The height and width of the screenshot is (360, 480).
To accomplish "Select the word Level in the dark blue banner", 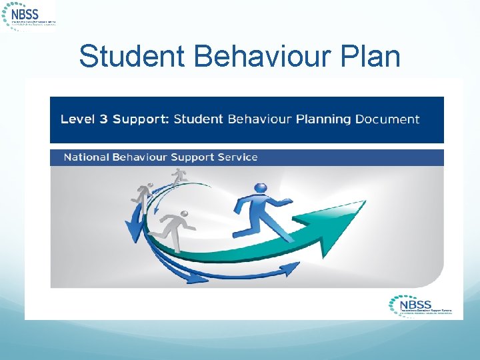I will [77, 120].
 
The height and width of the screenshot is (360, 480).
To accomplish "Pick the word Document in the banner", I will [387, 120].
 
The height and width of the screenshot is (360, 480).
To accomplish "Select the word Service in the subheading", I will [236, 157].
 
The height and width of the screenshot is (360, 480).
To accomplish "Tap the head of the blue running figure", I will [261, 189].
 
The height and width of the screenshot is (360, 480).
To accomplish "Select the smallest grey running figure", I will [178, 176].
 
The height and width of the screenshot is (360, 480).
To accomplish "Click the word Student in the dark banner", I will [198, 120].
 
